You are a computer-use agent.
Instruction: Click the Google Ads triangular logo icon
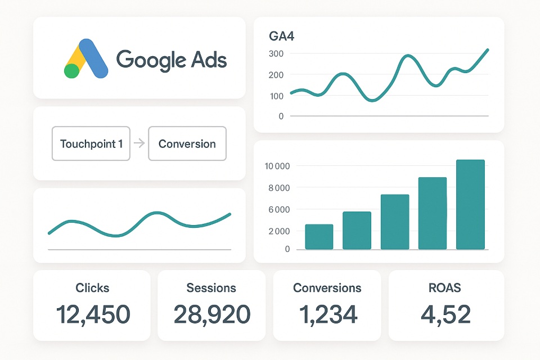(x=85, y=58)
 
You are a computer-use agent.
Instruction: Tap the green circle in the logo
(x=71, y=71)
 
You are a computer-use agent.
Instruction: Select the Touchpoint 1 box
(x=91, y=144)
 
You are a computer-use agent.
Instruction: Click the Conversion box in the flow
(x=187, y=144)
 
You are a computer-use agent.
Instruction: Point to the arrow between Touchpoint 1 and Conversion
(x=139, y=144)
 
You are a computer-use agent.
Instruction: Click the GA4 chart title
(x=282, y=37)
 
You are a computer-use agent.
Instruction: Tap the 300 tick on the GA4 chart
(x=277, y=53)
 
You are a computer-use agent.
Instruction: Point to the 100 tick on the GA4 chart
(x=277, y=96)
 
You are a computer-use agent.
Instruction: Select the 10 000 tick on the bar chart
(x=277, y=166)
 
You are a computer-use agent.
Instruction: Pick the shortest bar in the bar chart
(x=319, y=237)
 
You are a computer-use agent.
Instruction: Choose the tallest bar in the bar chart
(x=470, y=204)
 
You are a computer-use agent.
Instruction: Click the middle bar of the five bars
(x=395, y=222)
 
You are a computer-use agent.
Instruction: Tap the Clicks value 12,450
(x=92, y=314)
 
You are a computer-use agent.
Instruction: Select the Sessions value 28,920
(x=211, y=314)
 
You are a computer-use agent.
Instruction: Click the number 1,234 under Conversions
(x=327, y=314)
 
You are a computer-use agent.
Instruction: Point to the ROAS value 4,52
(x=445, y=314)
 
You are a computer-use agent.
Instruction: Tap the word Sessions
(x=211, y=288)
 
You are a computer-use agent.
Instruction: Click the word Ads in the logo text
(x=208, y=59)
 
